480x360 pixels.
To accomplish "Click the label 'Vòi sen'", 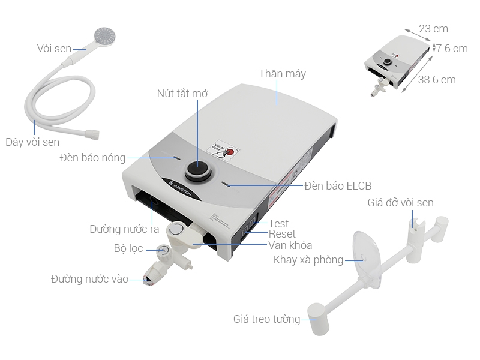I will [x=54, y=48].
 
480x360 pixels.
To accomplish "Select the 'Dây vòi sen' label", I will [x=32, y=142].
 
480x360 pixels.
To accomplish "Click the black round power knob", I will [x=198, y=170].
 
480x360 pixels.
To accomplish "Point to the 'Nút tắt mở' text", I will [x=182, y=94].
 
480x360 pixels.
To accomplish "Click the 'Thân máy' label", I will [x=282, y=74].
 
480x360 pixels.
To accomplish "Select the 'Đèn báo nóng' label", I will [x=92, y=158].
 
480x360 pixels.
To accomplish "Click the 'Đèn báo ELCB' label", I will [x=341, y=186].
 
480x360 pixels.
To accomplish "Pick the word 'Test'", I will [x=278, y=224].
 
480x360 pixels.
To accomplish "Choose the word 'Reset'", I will [x=281, y=234].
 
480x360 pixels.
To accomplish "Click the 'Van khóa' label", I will [x=290, y=245].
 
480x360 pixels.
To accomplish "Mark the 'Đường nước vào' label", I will [x=89, y=279].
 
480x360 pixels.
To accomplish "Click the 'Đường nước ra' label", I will [x=124, y=229].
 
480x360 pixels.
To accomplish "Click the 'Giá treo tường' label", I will [x=266, y=319].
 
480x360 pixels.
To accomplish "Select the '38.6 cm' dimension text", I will [x=437, y=79].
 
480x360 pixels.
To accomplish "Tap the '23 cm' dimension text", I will [x=433, y=29].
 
